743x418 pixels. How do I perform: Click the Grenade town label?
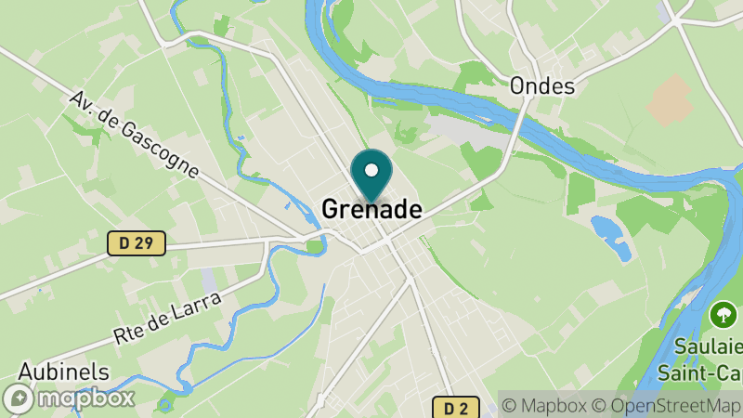371,210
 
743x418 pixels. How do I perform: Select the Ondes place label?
542,86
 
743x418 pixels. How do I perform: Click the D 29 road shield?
136,243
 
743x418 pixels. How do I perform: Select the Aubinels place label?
63,372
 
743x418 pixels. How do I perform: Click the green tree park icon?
722,314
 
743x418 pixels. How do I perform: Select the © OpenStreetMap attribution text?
666,405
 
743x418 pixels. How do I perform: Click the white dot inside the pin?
371,170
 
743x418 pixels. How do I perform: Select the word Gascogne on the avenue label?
162,151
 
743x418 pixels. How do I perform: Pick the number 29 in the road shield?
145,243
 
